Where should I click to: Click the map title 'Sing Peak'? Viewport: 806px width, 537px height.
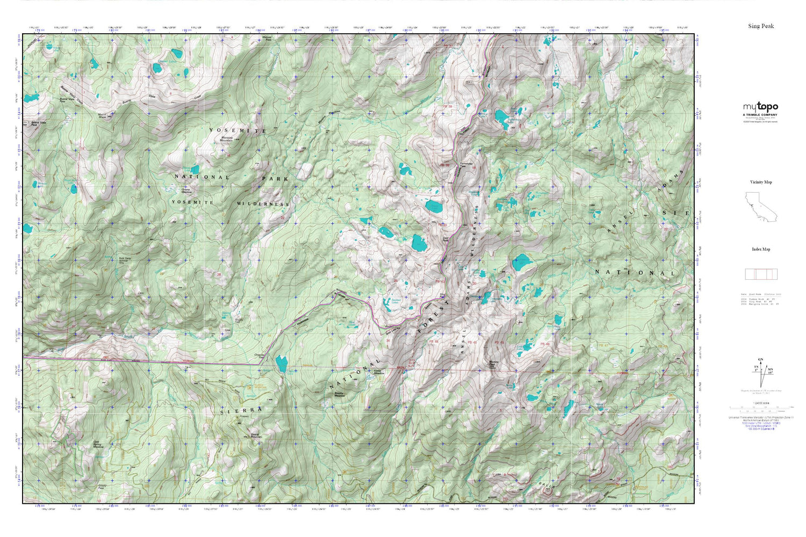click(761, 26)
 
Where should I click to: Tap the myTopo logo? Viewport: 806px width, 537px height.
click(760, 107)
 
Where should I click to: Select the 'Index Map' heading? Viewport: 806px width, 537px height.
click(761, 249)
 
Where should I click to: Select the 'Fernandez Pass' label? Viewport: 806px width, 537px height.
click(466, 165)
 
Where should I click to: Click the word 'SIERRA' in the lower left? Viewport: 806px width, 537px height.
click(242, 410)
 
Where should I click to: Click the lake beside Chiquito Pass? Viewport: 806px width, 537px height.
click(281, 364)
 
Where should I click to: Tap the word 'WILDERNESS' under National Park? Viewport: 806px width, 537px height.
click(263, 204)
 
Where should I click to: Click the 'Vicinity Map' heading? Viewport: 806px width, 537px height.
click(761, 182)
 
